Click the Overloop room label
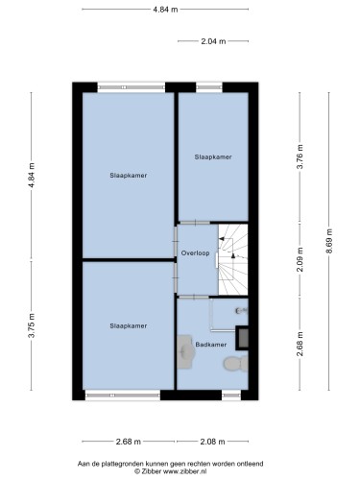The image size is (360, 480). coord(195,253)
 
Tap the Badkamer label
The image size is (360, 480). coord(211,345)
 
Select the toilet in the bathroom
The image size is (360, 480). coord(236,364)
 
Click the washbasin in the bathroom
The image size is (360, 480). coord(186,351)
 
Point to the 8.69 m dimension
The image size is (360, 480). coord(329,241)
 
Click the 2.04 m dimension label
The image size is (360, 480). coord(213,41)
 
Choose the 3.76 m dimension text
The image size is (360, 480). coord(300,156)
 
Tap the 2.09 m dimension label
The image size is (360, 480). coord(300,259)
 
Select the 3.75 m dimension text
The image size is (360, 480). coord(32,324)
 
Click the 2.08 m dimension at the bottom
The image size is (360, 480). coord(212,442)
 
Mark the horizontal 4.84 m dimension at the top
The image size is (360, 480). coord(165,10)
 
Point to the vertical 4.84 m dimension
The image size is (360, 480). coord(32,176)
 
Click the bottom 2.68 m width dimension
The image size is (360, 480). coord(128,442)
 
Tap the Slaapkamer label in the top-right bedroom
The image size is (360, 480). coord(213,156)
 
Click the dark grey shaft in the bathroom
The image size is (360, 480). coord(242,338)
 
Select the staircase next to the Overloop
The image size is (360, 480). coord(233,259)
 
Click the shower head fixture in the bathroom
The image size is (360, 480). coord(241,310)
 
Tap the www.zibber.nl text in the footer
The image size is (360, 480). coord(184,471)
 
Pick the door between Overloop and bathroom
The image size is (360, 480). coord(194,297)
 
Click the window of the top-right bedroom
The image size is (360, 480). coord(209,86)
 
